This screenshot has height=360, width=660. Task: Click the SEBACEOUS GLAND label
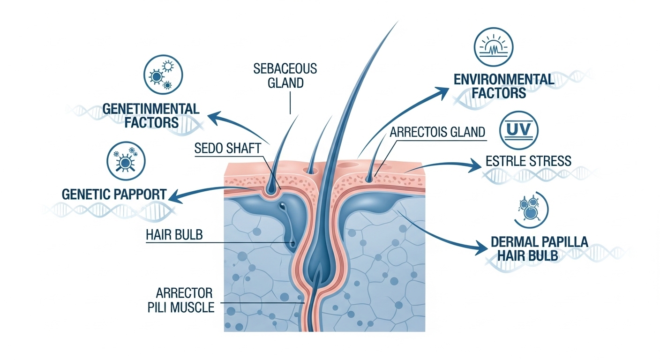tap(285, 76)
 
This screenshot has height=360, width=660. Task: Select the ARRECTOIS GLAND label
tap(437, 132)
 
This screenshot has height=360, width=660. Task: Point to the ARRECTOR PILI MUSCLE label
tap(186, 301)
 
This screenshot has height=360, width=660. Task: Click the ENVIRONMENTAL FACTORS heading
tap(504, 86)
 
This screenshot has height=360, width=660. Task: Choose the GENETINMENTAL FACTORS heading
tap(150, 116)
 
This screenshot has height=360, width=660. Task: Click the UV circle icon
tap(520, 129)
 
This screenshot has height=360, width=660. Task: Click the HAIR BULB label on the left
tap(174, 234)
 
